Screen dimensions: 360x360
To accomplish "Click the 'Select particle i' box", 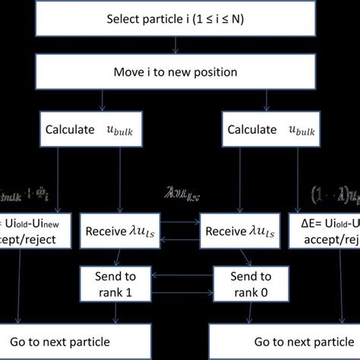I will tap(180, 18).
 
